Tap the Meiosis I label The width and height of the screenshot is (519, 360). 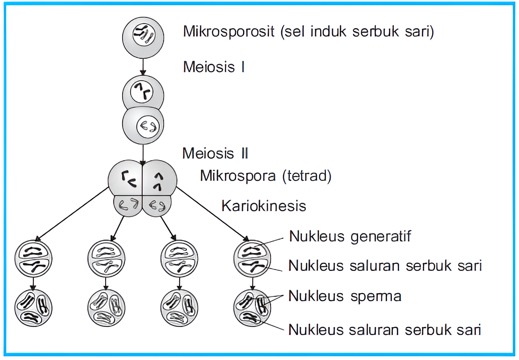pos(214,67)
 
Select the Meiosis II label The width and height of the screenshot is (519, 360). pos(215,153)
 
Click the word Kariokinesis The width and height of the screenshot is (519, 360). pos(264,206)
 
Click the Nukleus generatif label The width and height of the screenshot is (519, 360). pos(350,236)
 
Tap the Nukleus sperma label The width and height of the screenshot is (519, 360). pos(345,296)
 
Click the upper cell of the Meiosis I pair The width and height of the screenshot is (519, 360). pos(143,93)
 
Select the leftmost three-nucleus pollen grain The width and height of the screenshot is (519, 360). pos(33,307)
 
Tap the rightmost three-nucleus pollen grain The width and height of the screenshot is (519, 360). pos(252,307)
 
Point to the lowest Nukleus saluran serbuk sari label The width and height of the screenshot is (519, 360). pos(385,330)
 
